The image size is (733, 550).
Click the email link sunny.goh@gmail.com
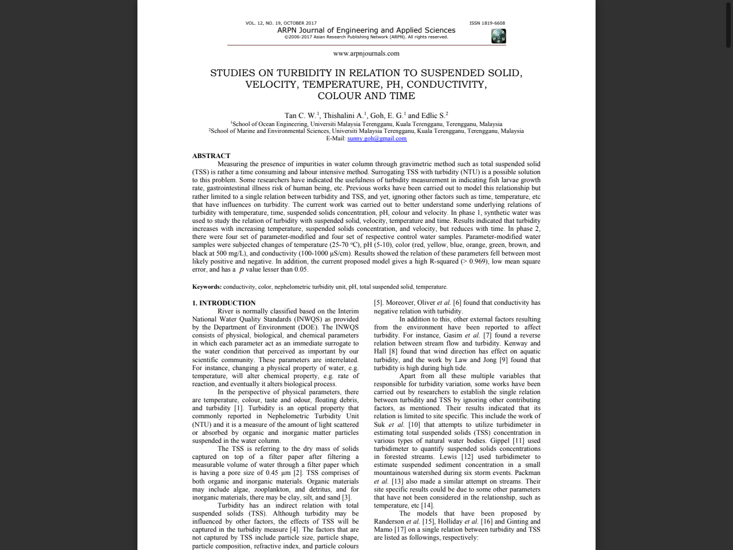coord(377,139)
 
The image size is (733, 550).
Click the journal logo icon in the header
coord(498,36)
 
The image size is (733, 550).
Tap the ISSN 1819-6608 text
coord(487,23)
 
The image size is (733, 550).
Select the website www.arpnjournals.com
coord(366,53)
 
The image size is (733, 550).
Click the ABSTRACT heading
coord(211,156)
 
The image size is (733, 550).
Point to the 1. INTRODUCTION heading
coord(224,303)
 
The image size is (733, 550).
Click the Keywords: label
coord(207,287)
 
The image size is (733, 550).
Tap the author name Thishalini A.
coord(342,116)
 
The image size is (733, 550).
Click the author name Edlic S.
coord(434,116)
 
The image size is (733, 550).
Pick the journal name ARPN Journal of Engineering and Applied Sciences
coord(366,30)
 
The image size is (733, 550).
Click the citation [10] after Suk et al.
coord(414,425)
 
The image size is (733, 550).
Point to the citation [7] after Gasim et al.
coord(487,336)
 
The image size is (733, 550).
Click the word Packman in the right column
coord(527,473)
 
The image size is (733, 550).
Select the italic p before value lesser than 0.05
coord(241,269)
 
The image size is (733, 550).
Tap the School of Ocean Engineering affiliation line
coord(366,124)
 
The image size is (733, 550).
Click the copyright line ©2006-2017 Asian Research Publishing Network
coord(366,37)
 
